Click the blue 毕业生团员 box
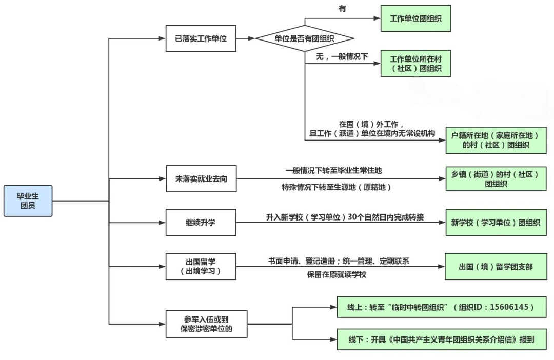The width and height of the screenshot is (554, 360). tap(28, 201)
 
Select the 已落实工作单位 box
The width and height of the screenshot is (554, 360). tap(201, 38)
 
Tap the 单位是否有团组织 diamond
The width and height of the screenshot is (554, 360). tap(305, 38)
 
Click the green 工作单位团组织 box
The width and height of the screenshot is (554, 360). tap(415, 18)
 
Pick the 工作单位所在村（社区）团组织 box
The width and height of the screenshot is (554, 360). tap(415, 63)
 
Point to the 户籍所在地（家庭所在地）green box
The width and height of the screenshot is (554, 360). tap(496, 140)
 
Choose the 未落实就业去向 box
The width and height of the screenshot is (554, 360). tap(201, 179)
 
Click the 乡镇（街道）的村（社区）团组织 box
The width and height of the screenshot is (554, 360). tap(496, 178)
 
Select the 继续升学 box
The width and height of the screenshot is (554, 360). tap(201, 223)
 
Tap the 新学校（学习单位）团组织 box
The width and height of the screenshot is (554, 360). tap(496, 223)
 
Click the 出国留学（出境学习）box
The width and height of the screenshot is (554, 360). tap(201, 266)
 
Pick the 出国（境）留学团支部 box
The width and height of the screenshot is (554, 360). tap(496, 266)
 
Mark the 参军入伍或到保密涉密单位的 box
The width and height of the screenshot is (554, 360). tap(201, 324)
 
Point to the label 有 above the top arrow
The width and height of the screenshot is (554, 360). tap(343, 9)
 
